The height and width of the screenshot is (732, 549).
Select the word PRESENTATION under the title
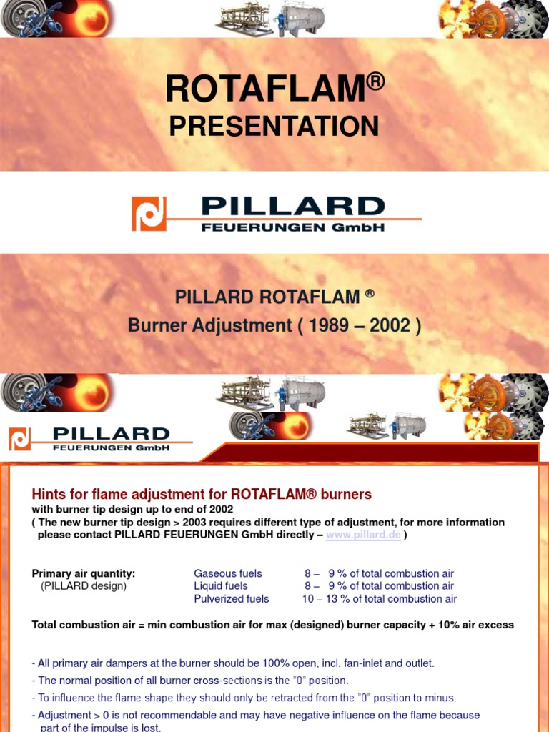point(274,127)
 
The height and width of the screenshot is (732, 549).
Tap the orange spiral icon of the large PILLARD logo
point(149,214)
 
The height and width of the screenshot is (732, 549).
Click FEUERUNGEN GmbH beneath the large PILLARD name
point(293,227)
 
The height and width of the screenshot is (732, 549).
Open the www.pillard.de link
point(363,535)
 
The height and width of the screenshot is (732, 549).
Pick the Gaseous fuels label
point(227,573)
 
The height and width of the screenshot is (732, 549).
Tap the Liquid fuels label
point(220,586)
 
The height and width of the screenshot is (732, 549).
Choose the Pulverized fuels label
point(231,599)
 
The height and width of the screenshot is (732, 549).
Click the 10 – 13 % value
point(329,599)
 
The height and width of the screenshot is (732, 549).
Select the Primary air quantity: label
point(84,573)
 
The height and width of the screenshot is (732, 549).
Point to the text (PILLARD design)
point(84,586)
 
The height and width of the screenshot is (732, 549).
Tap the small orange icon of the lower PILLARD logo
point(19,439)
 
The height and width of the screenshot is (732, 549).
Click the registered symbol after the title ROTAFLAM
point(376,81)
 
